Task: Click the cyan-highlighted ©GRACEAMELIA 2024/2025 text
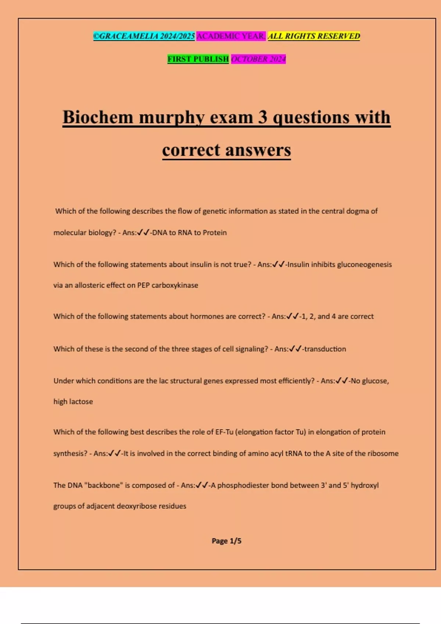point(144,36)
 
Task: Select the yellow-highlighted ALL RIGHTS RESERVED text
point(314,36)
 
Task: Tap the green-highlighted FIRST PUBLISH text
point(198,59)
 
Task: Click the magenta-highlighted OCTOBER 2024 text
point(258,59)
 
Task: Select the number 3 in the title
point(262,117)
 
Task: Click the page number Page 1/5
point(226,541)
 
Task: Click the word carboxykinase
point(175,285)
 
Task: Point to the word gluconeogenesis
point(365,264)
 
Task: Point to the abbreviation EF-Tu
point(224,432)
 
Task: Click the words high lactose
point(73,402)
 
